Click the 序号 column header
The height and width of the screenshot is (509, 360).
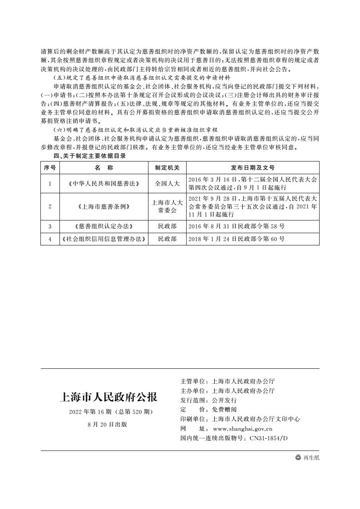tap(49, 167)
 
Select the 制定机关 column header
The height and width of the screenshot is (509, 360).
tap(167, 167)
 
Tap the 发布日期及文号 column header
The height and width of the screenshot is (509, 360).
tap(252, 167)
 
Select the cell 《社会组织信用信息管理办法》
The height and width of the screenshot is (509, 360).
tap(104, 239)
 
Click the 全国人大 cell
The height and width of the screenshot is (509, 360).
tap(167, 184)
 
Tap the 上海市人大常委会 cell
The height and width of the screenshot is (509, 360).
tap(167, 206)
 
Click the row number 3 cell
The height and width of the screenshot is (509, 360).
tap(49, 226)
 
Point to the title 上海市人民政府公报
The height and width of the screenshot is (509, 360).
tap(108, 397)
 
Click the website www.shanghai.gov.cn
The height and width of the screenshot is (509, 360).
tap(242, 429)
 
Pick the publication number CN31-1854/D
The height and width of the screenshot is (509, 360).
tap(269, 438)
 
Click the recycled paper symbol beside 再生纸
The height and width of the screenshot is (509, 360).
tap(298, 458)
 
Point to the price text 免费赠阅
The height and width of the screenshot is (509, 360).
tap(225, 410)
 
